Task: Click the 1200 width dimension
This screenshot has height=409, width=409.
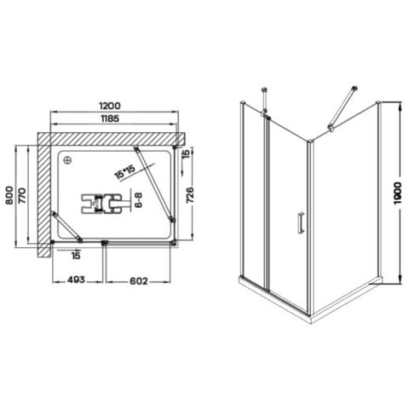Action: (110, 106)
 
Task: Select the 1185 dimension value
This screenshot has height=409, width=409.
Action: (110, 118)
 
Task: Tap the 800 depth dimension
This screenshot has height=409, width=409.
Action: (9, 195)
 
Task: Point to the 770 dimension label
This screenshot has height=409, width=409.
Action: (22, 195)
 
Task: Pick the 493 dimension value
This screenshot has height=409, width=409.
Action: (76, 279)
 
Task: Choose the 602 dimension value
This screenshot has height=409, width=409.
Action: (139, 281)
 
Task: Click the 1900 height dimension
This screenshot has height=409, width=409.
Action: (398, 193)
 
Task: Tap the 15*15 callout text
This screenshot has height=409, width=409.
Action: (124, 171)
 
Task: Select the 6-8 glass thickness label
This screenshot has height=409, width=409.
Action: (138, 200)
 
